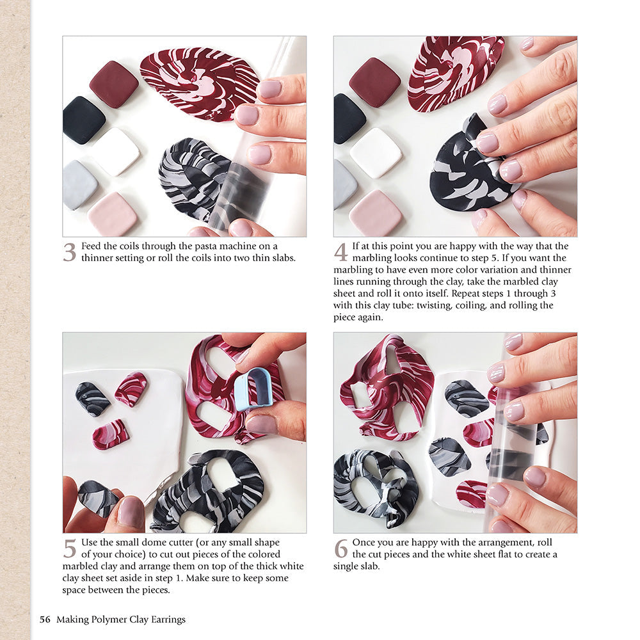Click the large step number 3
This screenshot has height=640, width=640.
pos(69,252)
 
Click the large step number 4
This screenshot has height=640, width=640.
pos(340,252)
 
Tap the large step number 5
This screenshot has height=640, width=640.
pos(70,548)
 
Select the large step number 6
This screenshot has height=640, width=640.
pos(341,548)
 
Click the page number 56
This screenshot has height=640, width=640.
pos(45,619)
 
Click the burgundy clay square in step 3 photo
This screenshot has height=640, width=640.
pos(113,84)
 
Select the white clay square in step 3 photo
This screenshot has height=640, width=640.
pos(115,151)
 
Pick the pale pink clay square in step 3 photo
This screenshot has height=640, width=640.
pos(112,214)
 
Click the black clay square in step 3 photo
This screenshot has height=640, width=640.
pos(83,120)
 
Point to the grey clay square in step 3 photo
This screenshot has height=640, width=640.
pos(80,184)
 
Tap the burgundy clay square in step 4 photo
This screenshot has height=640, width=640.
pos(374,82)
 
